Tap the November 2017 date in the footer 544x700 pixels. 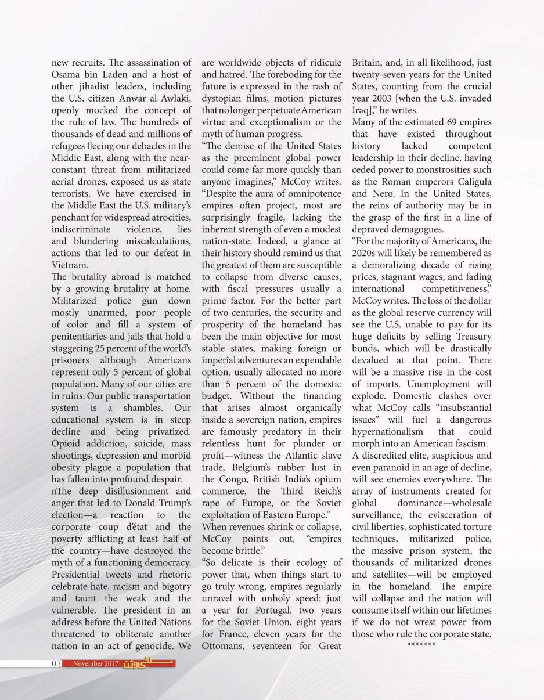(x=92, y=663)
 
